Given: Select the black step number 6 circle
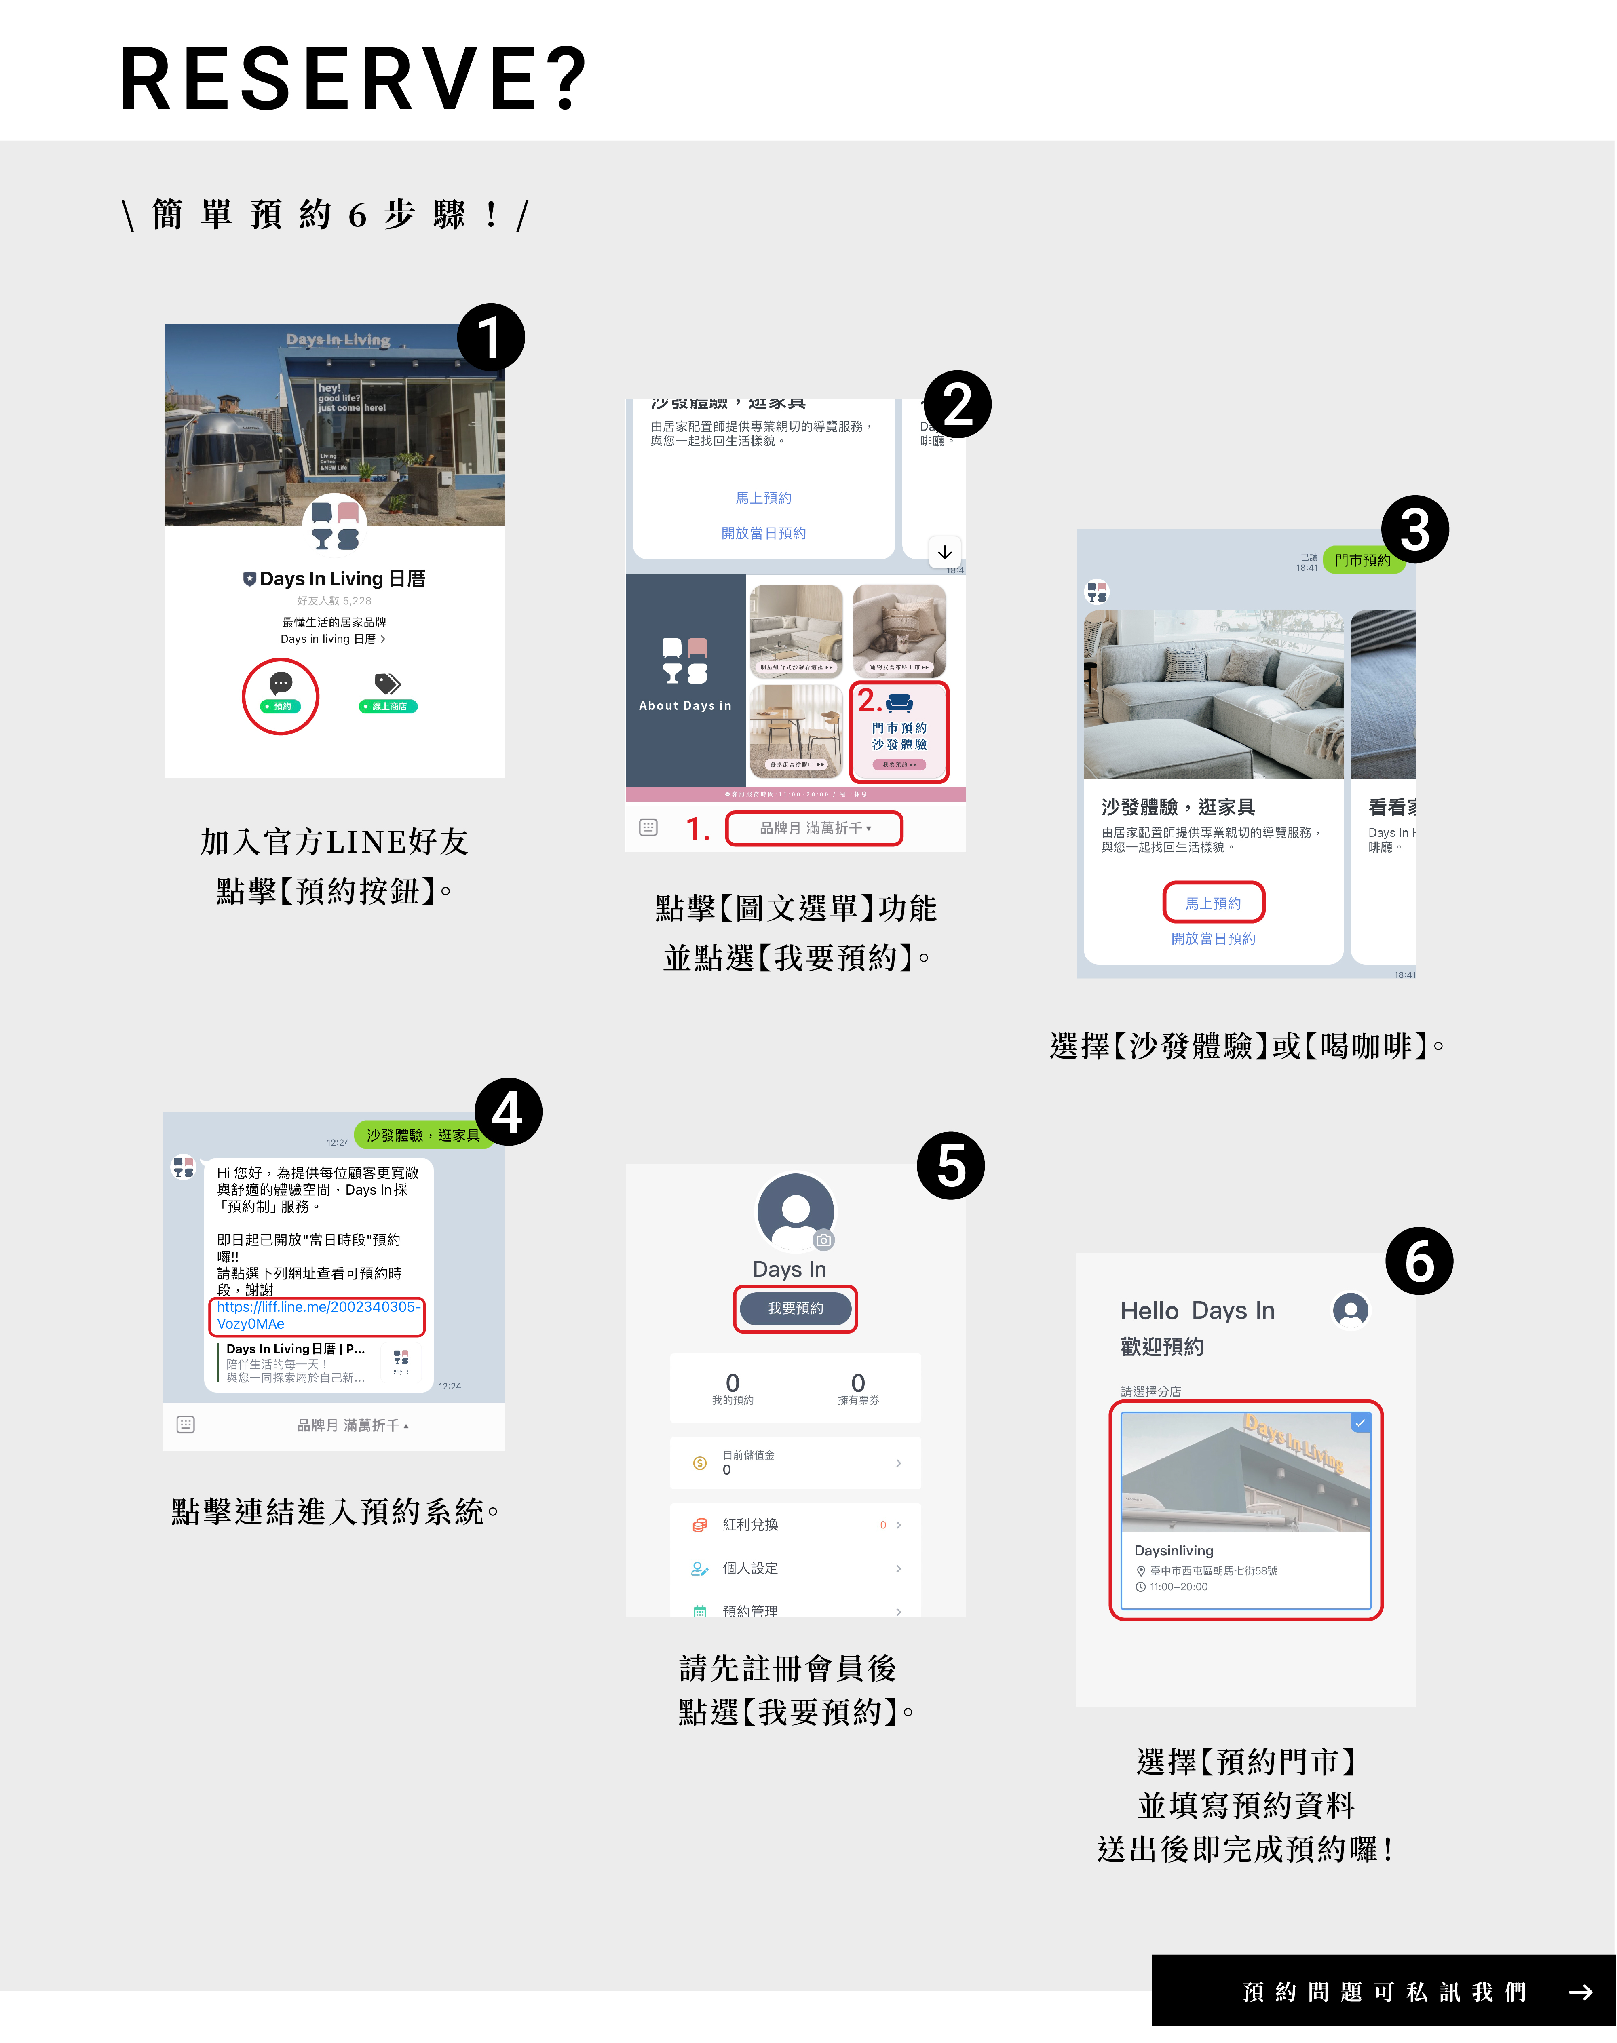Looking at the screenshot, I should click(1418, 1261).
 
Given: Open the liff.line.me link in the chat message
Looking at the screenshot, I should click(317, 1315).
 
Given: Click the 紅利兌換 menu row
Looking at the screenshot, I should click(795, 1524).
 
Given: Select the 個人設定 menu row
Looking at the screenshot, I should click(795, 1568).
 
